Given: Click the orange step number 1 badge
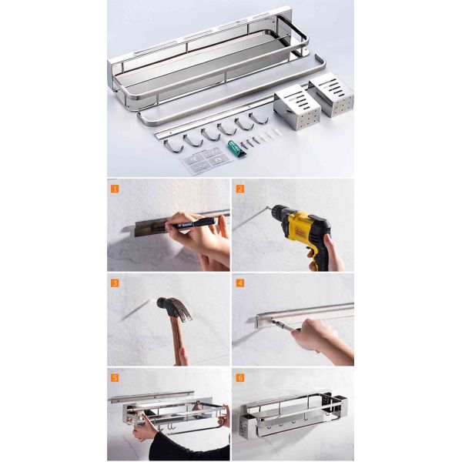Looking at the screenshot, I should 115,188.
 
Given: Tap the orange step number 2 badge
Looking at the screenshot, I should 240,188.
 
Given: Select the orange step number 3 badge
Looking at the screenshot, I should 115,283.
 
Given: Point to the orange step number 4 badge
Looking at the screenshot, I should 240,283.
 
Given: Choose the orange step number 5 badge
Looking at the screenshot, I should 115,377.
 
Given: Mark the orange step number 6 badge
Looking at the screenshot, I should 240,377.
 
